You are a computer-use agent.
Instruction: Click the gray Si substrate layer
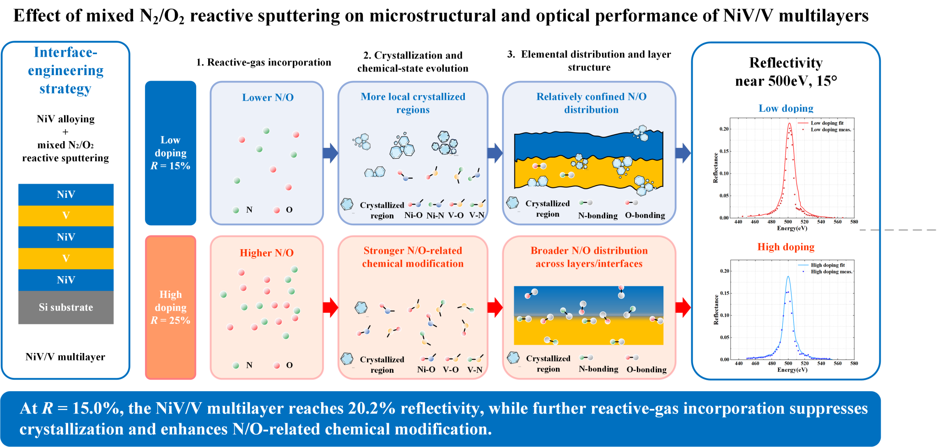click(66, 307)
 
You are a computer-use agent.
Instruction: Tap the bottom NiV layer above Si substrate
click(66, 280)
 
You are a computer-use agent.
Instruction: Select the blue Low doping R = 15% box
click(171, 153)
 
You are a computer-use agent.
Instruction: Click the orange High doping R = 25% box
click(171, 307)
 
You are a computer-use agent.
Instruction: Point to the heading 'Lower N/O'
click(268, 98)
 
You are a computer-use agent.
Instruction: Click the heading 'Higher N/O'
click(267, 253)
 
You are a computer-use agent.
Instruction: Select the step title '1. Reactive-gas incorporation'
click(264, 62)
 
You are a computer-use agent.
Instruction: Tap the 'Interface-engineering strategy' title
click(65, 70)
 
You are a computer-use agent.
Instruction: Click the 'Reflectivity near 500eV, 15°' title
click(786, 71)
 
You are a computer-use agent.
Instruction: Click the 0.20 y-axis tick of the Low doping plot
click(724, 129)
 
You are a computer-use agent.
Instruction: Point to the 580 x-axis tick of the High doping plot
click(854, 363)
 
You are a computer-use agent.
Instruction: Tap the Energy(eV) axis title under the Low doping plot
click(792, 228)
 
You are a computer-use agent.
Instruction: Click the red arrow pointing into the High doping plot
click(683, 307)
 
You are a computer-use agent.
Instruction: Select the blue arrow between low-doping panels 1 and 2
click(331, 153)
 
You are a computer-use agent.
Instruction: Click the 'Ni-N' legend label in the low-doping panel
click(435, 215)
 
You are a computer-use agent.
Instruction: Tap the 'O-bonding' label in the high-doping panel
click(646, 370)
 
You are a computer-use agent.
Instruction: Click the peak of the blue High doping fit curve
click(788, 276)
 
